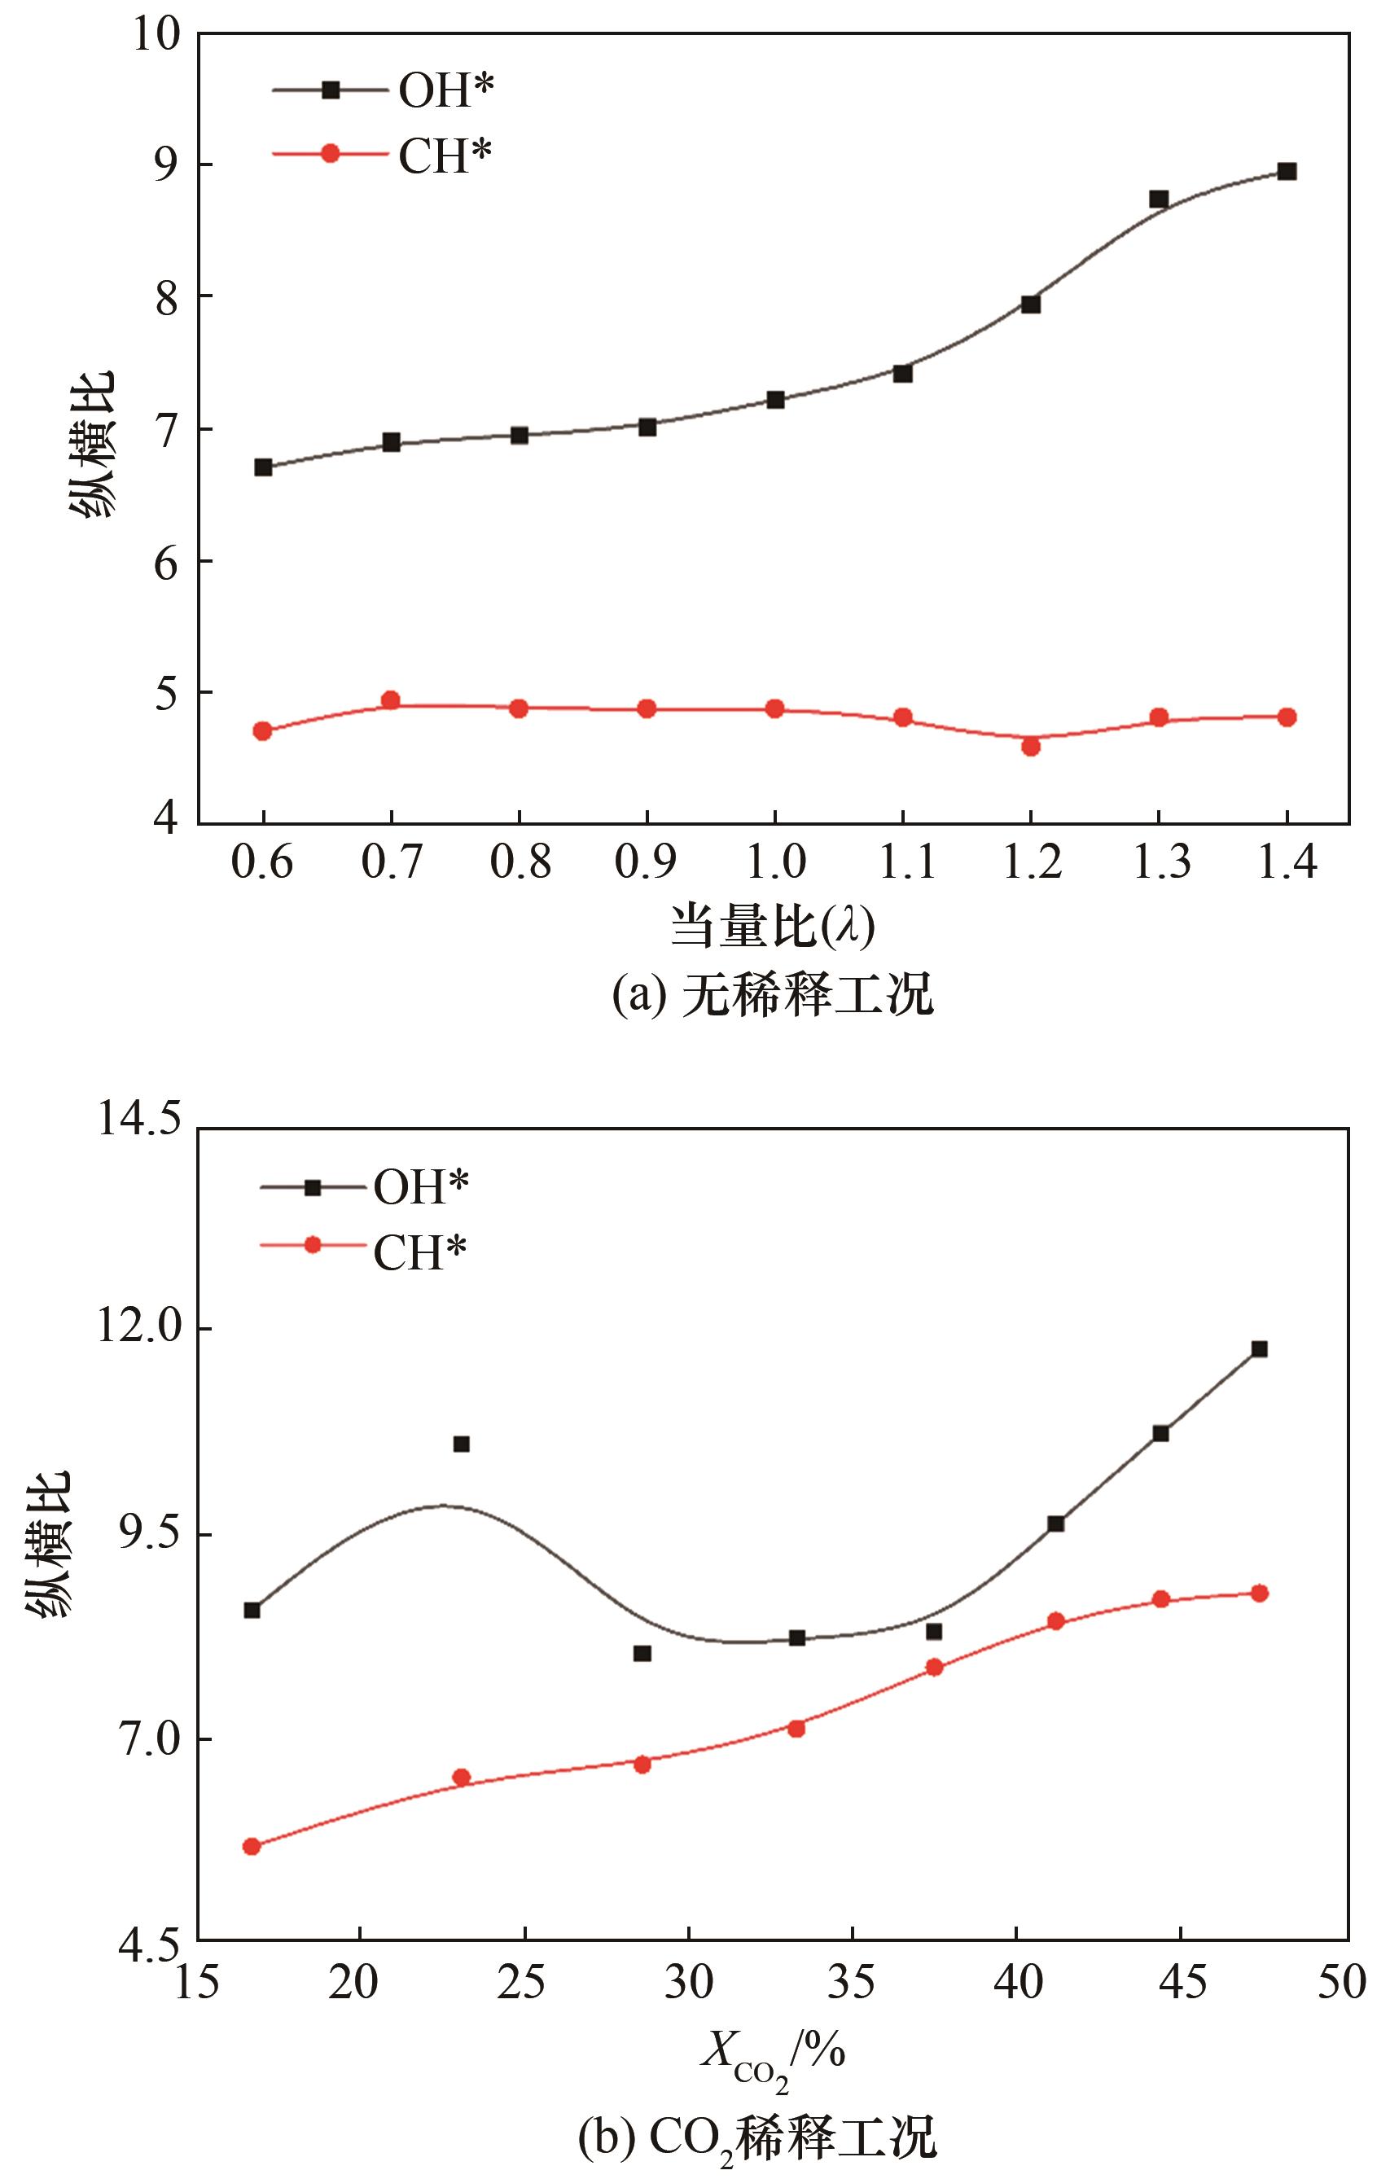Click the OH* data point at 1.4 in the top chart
tap(1287, 171)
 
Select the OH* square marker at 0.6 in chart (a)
tap(263, 467)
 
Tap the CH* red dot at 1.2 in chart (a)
tap(1031, 747)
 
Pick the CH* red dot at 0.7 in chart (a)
tap(391, 700)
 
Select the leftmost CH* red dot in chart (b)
tap(252, 1847)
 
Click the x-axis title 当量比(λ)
tap(773, 927)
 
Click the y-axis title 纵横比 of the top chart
tap(92, 444)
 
